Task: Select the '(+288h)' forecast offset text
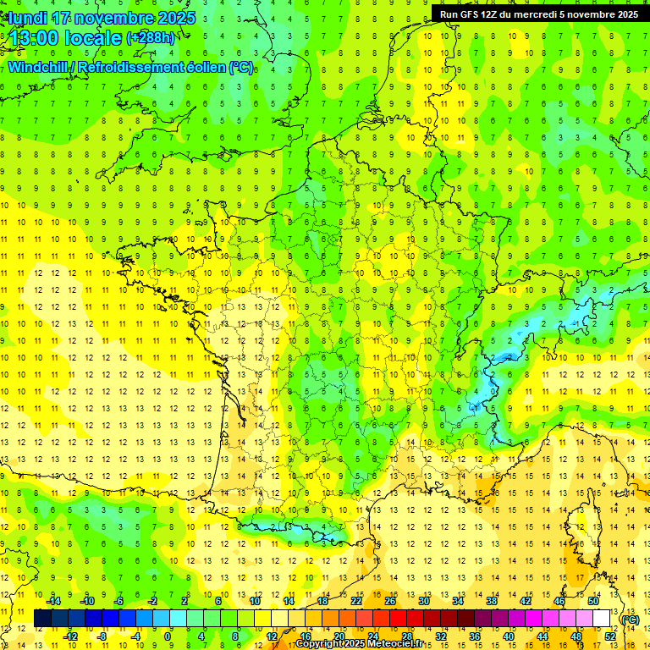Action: (151, 38)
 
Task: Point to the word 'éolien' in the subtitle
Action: (201, 67)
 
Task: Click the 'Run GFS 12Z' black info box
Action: (534, 14)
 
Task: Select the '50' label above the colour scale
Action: (593, 601)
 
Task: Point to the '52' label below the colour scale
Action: (610, 636)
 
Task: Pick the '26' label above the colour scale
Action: (390, 601)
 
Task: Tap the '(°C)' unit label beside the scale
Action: (631, 619)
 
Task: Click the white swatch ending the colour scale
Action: (602, 618)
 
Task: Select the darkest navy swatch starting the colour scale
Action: (42, 618)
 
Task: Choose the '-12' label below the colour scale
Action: (71, 636)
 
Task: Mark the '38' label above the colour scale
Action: (492, 601)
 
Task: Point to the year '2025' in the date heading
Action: (174, 18)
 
